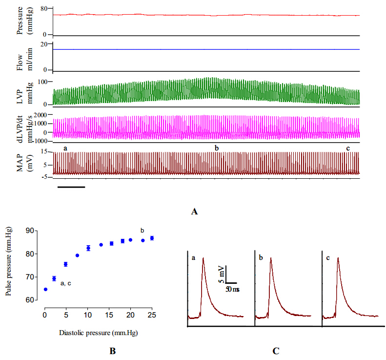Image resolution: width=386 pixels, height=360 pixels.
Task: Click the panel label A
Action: pyautogui.click(x=195, y=212)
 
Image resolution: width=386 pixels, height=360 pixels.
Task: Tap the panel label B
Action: pyautogui.click(x=113, y=350)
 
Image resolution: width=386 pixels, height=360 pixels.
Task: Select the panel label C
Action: pyautogui.click(x=276, y=350)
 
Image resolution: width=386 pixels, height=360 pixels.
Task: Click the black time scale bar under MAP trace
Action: pyautogui.click(x=71, y=187)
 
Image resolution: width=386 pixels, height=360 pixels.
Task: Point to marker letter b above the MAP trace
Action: pyautogui.click(x=217, y=147)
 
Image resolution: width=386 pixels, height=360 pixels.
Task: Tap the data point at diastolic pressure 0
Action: pyautogui.click(x=45, y=289)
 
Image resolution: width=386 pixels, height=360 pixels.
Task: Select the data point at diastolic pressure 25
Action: pyautogui.click(x=152, y=238)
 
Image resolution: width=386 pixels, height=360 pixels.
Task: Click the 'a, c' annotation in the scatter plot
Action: pyautogui.click(x=66, y=283)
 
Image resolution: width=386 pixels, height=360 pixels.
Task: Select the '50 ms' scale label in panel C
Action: pyautogui.click(x=232, y=290)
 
